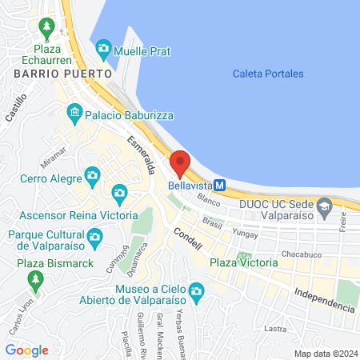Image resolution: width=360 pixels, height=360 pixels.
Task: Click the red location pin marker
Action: tap(180, 163)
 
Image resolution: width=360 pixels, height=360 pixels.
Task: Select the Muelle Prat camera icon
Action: tap(103, 50)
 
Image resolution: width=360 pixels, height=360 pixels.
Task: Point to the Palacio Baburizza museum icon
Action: tap(74, 111)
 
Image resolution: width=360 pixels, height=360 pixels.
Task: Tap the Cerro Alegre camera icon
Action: tap(93, 174)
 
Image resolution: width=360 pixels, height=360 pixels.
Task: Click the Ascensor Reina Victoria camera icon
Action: tap(119, 192)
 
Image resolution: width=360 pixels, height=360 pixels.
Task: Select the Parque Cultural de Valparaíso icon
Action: tap(94, 236)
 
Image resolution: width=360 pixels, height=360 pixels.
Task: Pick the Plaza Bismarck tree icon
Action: tap(34, 280)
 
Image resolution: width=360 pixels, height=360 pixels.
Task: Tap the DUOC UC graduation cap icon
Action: tap(324, 210)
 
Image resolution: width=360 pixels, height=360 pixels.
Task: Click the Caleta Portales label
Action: tap(268, 74)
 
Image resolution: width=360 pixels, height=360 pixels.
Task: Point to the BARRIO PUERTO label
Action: tap(47, 73)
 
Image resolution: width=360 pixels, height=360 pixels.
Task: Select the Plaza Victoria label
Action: tap(243, 262)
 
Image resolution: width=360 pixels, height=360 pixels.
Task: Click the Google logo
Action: tap(26, 350)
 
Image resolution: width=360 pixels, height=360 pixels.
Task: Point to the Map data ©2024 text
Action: tap(325, 354)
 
